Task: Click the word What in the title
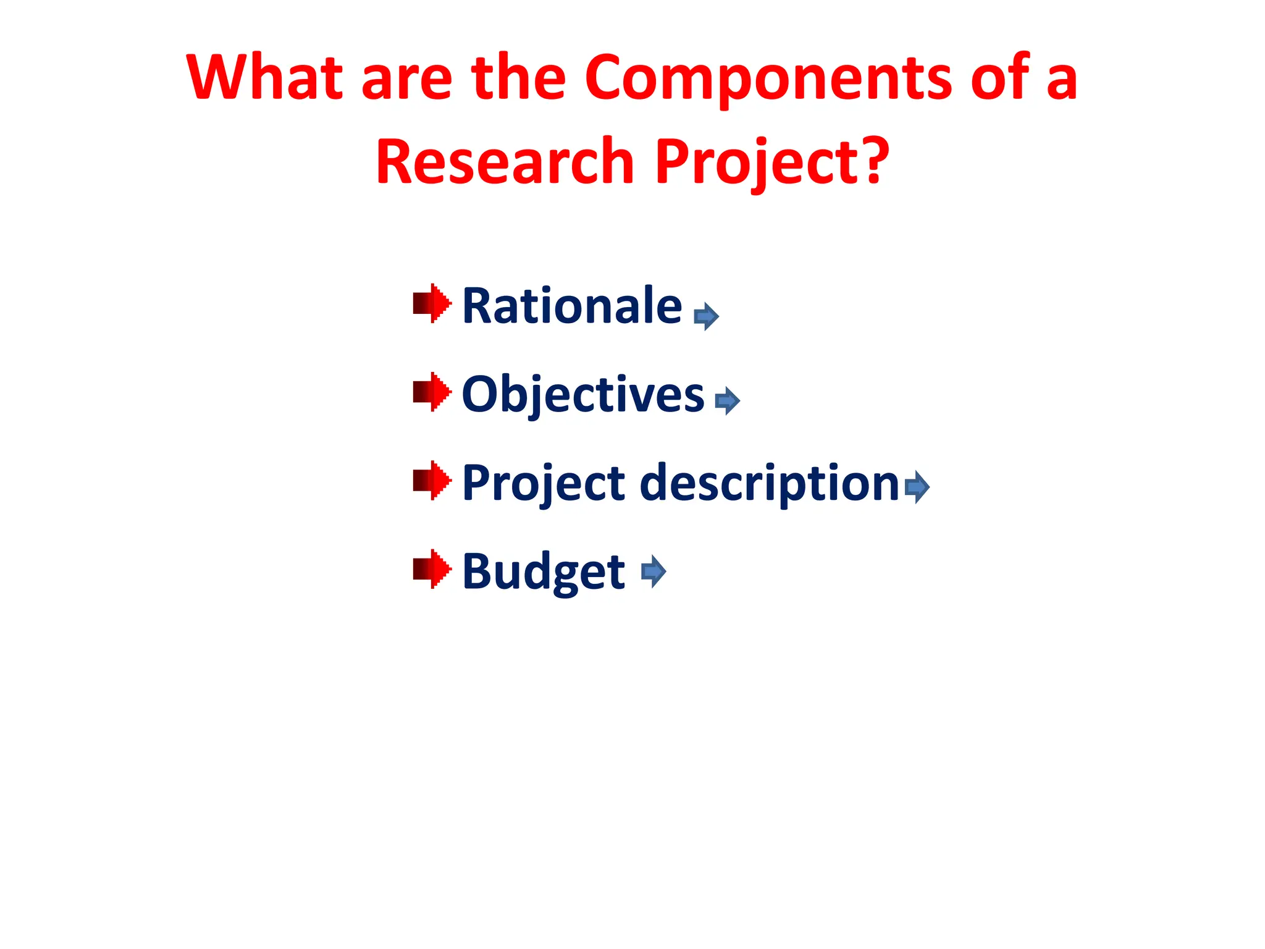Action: click(264, 78)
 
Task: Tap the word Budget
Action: click(544, 571)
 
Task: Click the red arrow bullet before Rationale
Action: click(432, 303)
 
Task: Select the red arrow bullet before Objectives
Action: click(432, 392)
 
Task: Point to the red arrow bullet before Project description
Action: click(432, 480)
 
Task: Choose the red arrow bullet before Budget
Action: click(432, 568)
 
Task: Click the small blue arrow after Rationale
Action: click(706, 317)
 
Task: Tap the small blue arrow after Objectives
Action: click(727, 401)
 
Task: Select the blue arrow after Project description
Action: click(917, 487)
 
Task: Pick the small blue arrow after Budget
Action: click(654, 571)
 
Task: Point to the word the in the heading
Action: click(519, 78)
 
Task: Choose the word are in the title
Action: click(406, 78)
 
